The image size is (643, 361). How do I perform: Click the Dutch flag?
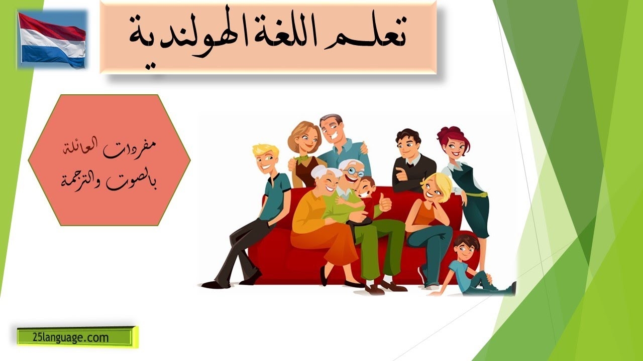pyautogui.click(x=52, y=40)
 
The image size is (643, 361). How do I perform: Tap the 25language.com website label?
pyautogui.click(x=71, y=338)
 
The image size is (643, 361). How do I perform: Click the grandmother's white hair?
pyautogui.click(x=324, y=172)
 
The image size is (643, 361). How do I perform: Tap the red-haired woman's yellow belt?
pyautogui.click(x=477, y=195)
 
